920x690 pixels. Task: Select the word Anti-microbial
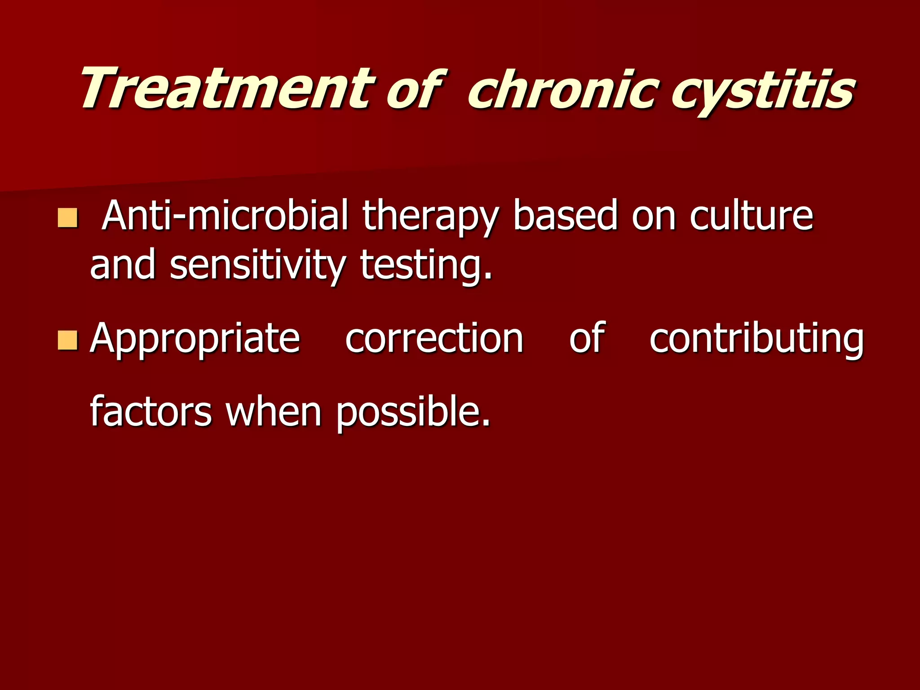tap(225, 216)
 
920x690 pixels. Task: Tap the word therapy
tap(430, 218)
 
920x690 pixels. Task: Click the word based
tap(565, 216)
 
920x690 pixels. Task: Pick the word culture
tap(751, 216)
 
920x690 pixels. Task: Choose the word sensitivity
tap(257, 266)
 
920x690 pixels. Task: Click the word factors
tap(151, 411)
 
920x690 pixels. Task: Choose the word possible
tap(413, 412)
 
